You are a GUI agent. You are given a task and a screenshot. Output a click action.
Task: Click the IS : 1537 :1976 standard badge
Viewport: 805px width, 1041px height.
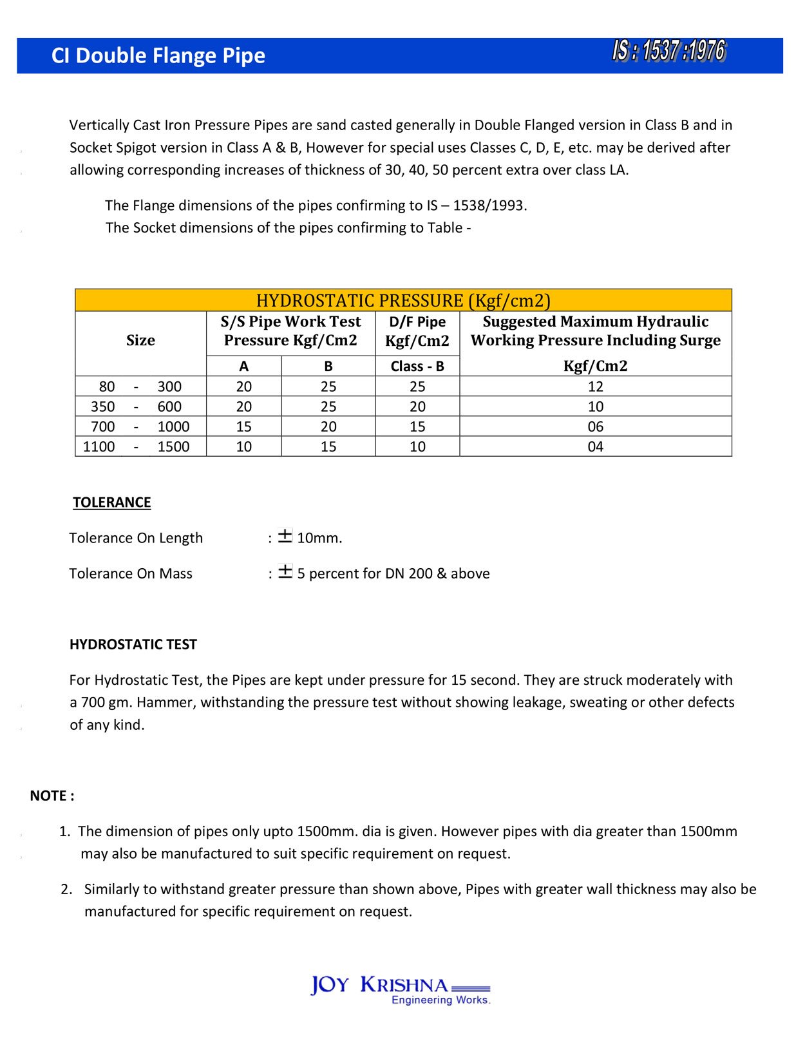pos(668,51)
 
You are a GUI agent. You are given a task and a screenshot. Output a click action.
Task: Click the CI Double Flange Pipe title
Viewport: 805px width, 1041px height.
pos(158,55)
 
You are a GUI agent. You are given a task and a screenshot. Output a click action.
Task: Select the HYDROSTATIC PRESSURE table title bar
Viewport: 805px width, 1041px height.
pos(403,301)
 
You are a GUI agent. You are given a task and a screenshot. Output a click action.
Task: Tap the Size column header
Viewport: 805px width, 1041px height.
pos(140,340)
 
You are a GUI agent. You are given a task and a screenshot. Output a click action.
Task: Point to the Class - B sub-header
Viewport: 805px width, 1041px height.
pos(417,366)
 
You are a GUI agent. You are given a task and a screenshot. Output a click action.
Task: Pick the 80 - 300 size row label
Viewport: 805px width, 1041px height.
pos(140,387)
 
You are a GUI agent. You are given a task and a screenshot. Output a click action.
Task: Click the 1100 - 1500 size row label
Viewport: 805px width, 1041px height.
pos(137,446)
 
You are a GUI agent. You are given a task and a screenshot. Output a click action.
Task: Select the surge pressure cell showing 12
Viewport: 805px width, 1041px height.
pos(595,387)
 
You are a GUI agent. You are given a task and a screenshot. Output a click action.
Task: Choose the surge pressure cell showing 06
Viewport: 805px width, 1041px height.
pos(595,426)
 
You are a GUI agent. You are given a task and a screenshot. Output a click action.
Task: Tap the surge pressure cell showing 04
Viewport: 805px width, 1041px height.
pos(595,446)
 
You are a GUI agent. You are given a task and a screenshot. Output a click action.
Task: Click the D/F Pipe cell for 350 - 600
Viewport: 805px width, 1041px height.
pos(417,406)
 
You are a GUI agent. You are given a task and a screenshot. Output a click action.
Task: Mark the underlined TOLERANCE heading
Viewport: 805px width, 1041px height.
pos(111,502)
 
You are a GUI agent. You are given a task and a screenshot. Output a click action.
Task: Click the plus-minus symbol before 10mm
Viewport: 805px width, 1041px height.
pos(285,536)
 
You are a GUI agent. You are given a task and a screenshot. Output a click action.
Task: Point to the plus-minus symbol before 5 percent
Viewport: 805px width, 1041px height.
pos(285,571)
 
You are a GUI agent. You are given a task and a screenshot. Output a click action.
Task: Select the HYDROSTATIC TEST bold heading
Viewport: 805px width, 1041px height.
pos(133,644)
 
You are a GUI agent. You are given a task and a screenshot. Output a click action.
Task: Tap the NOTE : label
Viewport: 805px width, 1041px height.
pos(52,796)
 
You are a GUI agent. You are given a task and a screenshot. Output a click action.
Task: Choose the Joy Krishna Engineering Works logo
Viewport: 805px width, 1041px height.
pos(400,989)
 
